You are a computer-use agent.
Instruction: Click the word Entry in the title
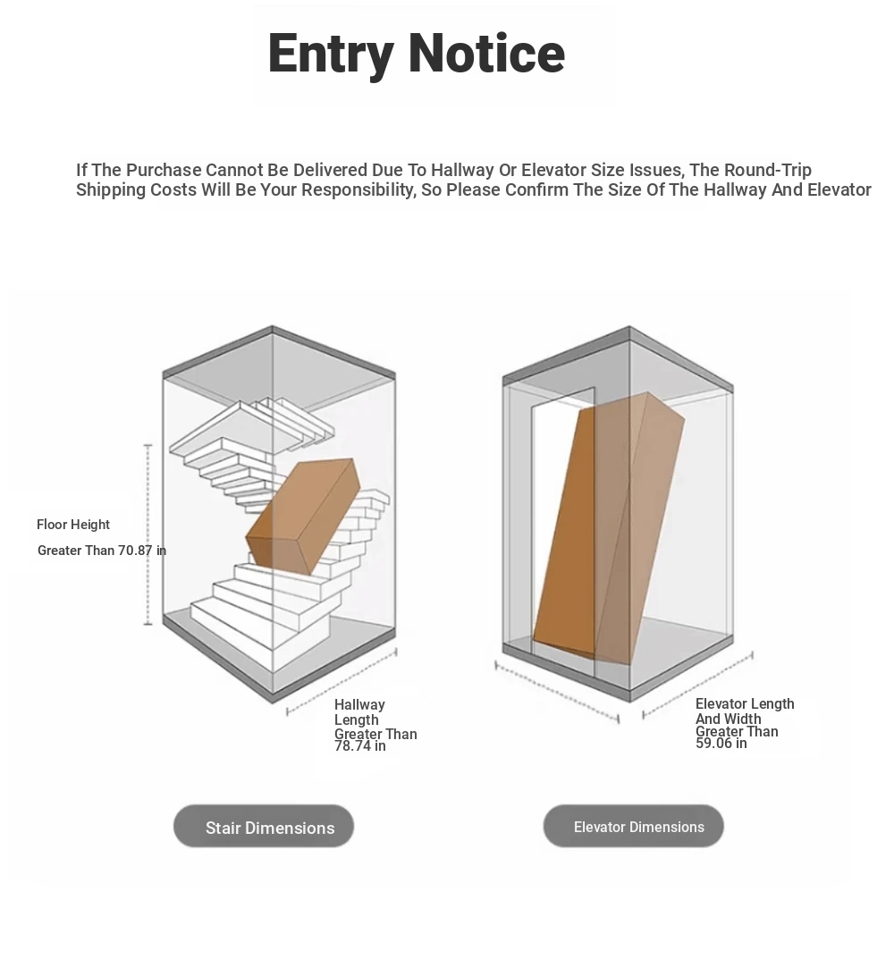click(331, 54)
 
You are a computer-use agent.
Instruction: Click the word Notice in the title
click(486, 53)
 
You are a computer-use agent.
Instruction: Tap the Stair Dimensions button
click(264, 827)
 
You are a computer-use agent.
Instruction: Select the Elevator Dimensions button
click(633, 827)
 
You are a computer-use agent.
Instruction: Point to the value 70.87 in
click(142, 551)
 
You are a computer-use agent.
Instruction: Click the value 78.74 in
click(359, 746)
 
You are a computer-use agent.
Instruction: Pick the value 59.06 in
click(721, 744)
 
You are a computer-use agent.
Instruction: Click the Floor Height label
click(72, 525)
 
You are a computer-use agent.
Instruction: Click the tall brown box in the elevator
click(609, 529)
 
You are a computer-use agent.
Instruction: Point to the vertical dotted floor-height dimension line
click(148, 535)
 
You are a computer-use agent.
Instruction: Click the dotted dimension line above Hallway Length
click(342, 682)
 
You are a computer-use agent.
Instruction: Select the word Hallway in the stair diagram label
click(359, 704)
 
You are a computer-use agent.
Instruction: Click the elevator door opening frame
click(563, 532)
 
